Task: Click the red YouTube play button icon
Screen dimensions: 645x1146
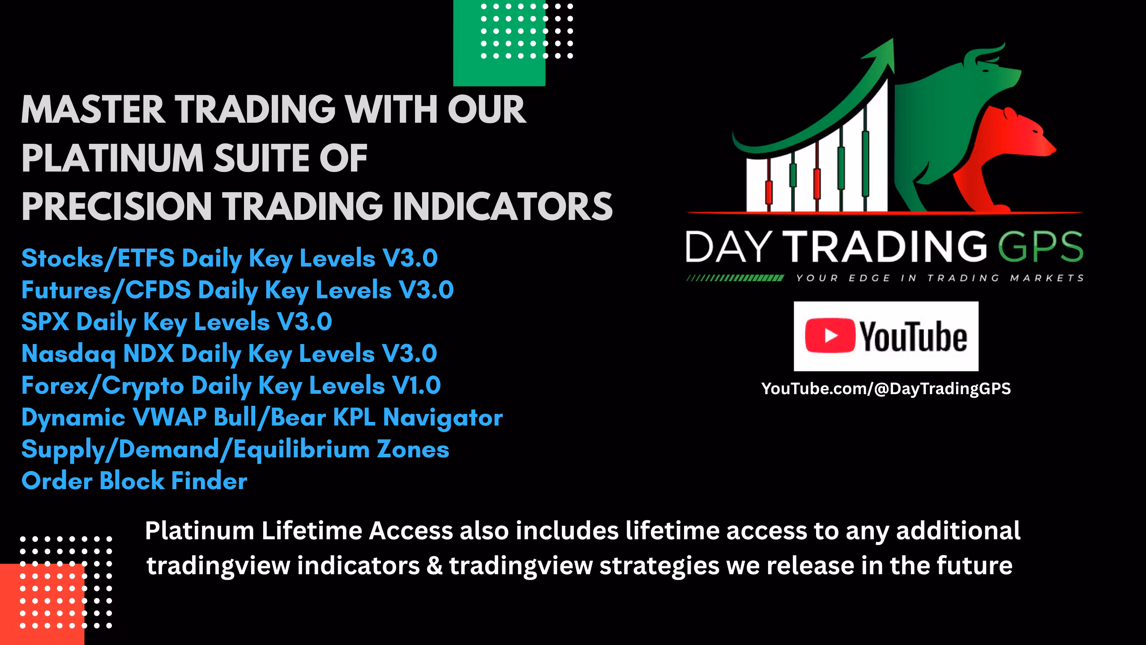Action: pyautogui.click(x=830, y=335)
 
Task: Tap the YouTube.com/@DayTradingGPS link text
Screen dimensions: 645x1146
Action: pyautogui.click(x=886, y=388)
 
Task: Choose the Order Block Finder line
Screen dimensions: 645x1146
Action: pyautogui.click(x=134, y=481)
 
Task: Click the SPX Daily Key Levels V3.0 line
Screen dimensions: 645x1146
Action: pyautogui.click(x=176, y=322)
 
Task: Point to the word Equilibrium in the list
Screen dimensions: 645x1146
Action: pyautogui.click(x=302, y=449)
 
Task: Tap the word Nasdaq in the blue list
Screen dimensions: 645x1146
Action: pyautogui.click(x=68, y=353)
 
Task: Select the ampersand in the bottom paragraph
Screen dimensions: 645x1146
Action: pyautogui.click(x=434, y=565)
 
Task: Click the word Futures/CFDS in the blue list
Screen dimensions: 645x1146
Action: pyautogui.click(x=106, y=290)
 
